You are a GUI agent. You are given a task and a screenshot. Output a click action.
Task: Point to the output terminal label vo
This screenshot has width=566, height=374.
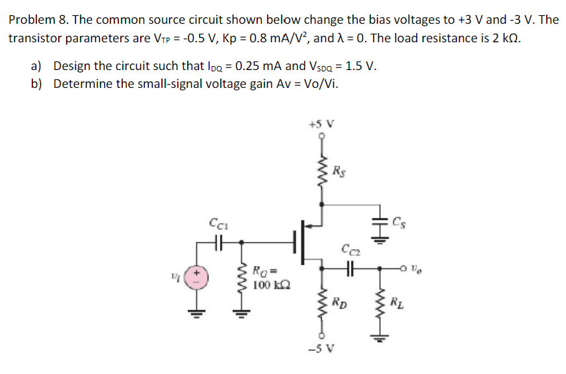(415, 268)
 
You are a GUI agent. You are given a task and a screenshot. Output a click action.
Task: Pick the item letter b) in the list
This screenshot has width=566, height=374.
(38, 83)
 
